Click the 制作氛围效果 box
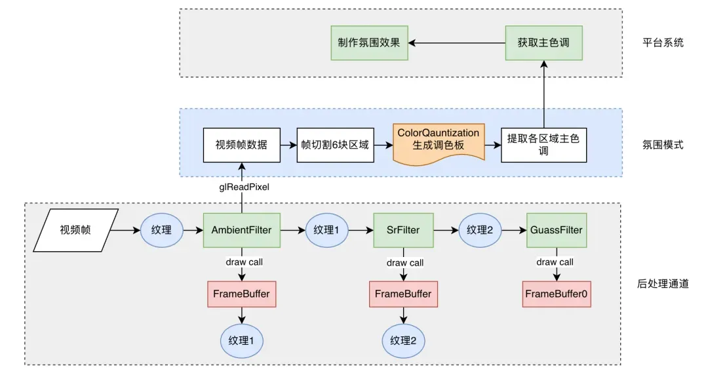pyautogui.click(x=369, y=43)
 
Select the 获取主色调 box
pyautogui.click(x=543, y=43)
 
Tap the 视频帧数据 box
pyautogui.click(x=241, y=145)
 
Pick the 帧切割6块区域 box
pyautogui.click(x=336, y=145)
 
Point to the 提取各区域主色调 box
pyautogui.click(x=543, y=145)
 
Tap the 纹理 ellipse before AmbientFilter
pyautogui.click(x=161, y=230)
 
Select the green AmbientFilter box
pyautogui.click(x=242, y=230)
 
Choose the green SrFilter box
pyautogui.click(x=403, y=230)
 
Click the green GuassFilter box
pyautogui.click(x=556, y=230)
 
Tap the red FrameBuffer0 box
pyautogui.click(x=556, y=294)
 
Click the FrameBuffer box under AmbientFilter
pyautogui.click(x=242, y=294)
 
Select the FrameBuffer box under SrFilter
pyautogui.click(x=403, y=294)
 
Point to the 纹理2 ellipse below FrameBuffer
pyautogui.click(x=404, y=340)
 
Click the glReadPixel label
pyautogui.click(x=242, y=187)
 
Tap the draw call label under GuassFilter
pyautogui.click(x=555, y=262)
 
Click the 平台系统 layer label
pyautogui.click(x=663, y=43)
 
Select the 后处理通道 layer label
pyautogui.click(x=663, y=284)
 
